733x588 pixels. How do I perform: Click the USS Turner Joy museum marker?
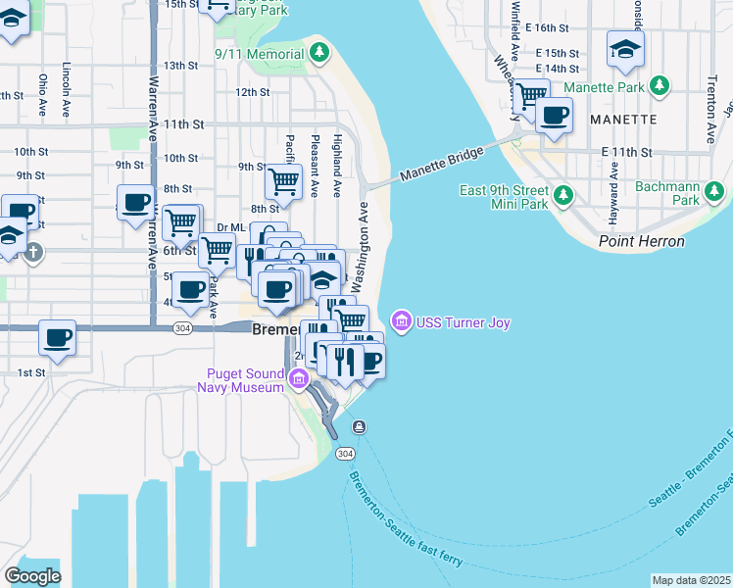tap(400, 320)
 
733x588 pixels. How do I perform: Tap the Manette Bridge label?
tap(441, 166)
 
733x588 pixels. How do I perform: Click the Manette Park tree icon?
tap(661, 86)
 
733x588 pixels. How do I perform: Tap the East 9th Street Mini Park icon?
tap(563, 196)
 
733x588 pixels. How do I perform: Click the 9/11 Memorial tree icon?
tap(318, 53)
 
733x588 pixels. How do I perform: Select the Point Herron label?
tap(641, 240)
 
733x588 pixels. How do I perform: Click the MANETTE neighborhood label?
tap(624, 119)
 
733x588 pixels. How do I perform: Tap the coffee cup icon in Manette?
tap(554, 115)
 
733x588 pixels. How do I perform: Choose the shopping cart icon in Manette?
tap(530, 95)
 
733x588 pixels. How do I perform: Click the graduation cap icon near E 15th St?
tap(624, 49)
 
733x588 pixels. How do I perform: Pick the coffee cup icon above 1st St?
tap(58, 339)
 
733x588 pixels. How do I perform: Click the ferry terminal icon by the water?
tap(360, 426)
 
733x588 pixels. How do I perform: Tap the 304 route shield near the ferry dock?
tap(344, 454)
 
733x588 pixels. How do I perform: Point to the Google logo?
tap(32, 576)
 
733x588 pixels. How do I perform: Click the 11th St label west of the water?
tap(183, 124)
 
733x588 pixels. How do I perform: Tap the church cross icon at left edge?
tap(33, 252)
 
